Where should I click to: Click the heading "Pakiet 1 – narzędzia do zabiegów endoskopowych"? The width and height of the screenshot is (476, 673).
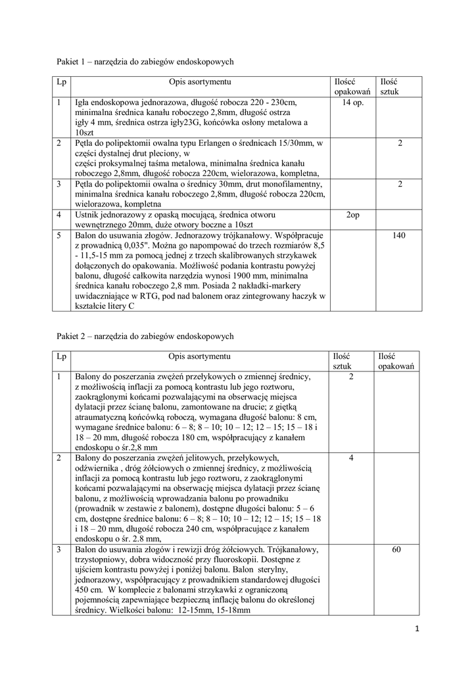tap(145, 61)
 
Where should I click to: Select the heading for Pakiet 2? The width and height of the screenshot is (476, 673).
tap(145, 336)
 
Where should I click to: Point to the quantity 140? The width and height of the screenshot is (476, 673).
tap(399, 235)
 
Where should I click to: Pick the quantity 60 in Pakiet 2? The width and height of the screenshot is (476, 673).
tap(396, 549)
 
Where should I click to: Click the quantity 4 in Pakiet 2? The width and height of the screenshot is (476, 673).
tap(352, 457)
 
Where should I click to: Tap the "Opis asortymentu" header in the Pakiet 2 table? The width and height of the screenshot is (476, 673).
tap(199, 356)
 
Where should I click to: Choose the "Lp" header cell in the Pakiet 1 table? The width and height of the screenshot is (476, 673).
tap(61, 81)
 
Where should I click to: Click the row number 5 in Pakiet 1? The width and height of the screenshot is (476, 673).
tap(59, 235)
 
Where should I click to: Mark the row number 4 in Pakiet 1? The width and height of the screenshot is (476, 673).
tap(59, 215)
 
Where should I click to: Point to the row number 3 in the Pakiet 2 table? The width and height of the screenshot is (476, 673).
tap(59, 549)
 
